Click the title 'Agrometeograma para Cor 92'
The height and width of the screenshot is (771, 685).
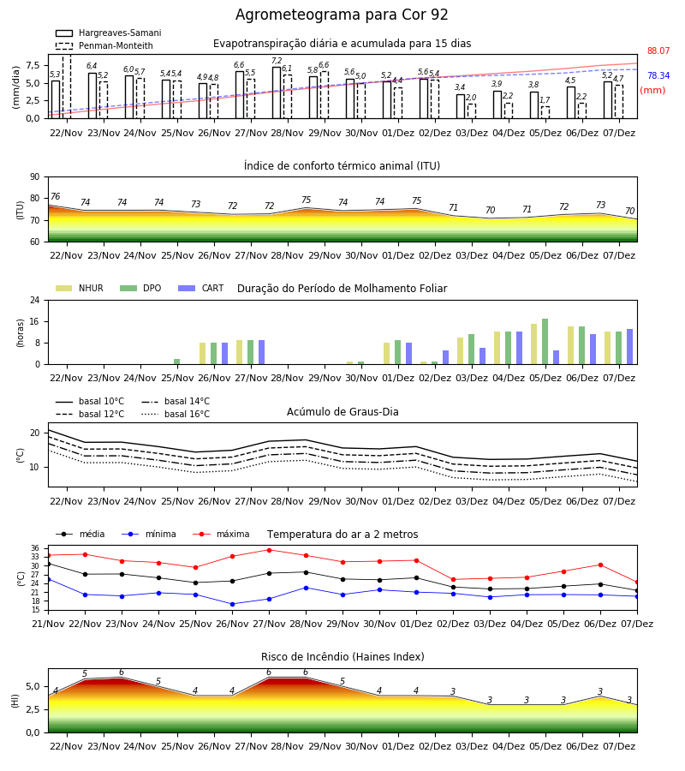342,15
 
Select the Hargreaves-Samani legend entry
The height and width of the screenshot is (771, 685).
108,33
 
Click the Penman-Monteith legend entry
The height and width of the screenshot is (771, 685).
104,45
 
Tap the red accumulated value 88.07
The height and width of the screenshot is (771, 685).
658,51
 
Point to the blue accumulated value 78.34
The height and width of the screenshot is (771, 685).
658,75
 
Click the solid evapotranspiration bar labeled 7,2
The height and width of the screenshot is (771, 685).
277,93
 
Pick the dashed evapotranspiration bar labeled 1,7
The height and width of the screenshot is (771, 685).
545,112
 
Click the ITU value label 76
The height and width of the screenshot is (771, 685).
55,197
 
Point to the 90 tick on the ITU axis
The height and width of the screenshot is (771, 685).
35,177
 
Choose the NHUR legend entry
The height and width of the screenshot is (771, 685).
79,288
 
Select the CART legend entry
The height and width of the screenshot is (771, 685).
201,288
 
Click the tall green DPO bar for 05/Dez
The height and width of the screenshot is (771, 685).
545,342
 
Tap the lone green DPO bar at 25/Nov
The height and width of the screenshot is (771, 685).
177,362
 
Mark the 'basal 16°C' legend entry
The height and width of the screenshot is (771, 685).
176,414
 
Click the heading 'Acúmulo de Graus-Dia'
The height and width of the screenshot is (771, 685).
342,412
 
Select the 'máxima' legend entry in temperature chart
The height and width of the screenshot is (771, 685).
221,534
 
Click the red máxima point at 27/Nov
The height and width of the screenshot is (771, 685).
269,550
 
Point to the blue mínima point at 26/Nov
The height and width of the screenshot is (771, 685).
232,604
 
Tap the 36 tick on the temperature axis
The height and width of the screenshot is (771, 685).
35,548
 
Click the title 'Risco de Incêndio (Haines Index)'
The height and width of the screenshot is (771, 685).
342,657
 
